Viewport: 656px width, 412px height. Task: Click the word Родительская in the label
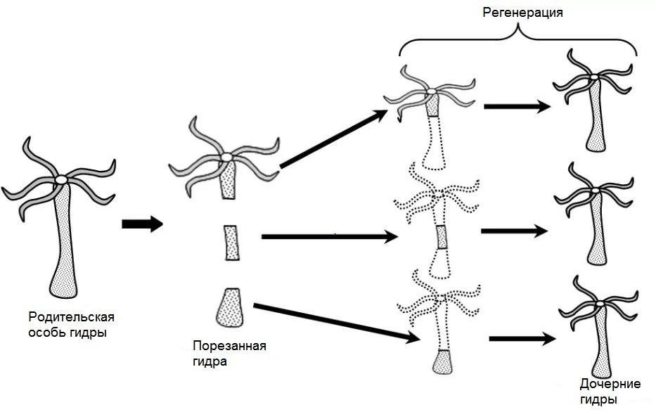click(x=71, y=316)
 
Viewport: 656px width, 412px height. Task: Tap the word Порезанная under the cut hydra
click(x=229, y=346)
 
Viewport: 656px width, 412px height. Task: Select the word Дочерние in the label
click(x=610, y=384)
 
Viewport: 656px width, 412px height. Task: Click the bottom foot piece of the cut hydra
click(x=231, y=307)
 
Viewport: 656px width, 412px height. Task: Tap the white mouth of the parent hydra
click(x=62, y=180)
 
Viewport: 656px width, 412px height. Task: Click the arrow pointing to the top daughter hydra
click(x=517, y=107)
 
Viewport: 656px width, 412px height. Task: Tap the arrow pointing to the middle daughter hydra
click(x=513, y=230)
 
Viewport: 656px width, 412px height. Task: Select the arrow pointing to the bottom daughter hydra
click(x=519, y=339)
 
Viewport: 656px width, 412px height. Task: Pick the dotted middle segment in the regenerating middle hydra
click(x=442, y=237)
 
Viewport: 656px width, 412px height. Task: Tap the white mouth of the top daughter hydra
click(x=595, y=75)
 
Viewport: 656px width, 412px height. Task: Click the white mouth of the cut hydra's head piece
click(x=226, y=156)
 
